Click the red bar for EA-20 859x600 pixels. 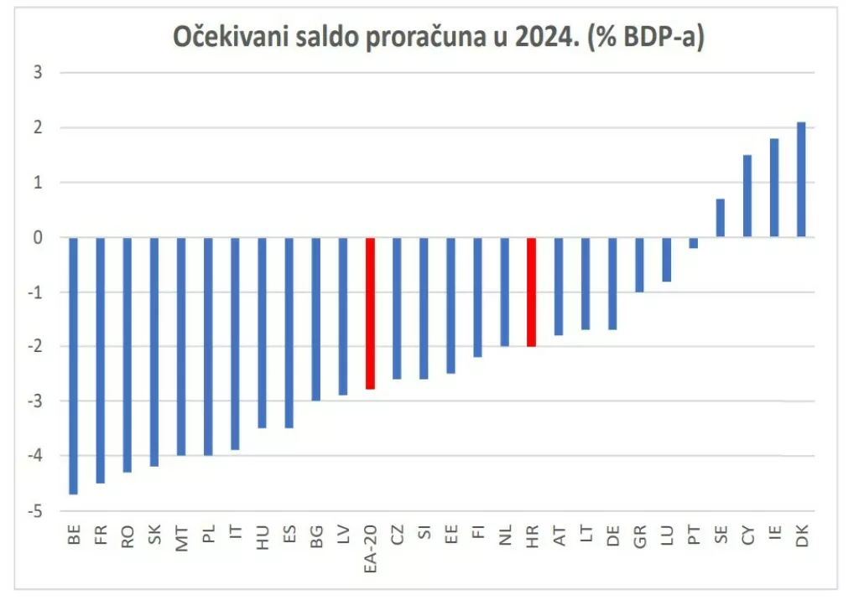tap(370, 313)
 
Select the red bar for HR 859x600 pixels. tap(532, 292)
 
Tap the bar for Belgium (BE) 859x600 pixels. tap(74, 365)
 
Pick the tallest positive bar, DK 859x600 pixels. tap(801, 180)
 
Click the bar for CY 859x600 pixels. tap(747, 196)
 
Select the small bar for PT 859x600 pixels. tap(694, 243)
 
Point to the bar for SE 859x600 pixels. tap(721, 218)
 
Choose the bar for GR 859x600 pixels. tap(639, 265)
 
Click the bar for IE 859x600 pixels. tap(774, 189)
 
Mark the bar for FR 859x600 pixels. tap(101, 360)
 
